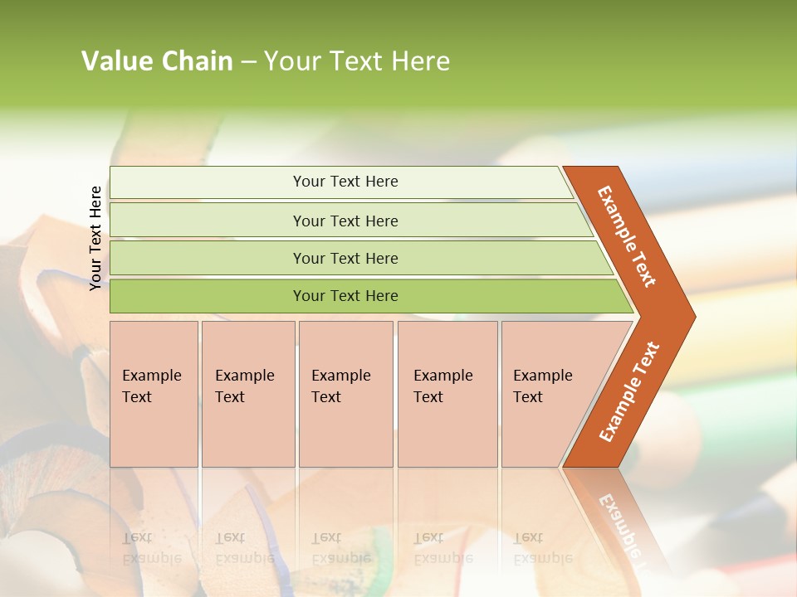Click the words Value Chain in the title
pyautogui.click(x=157, y=61)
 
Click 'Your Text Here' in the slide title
pyautogui.click(x=357, y=61)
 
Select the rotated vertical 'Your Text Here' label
pyautogui.click(x=95, y=238)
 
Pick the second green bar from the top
pyautogui.click(x=345, y=221)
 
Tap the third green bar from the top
pyautogui.click(x=345, y=258)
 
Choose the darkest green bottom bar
pyautogui.click(x=345, y=296)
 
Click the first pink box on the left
pyautogui.click(x=154, y=394)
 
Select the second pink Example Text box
pyautogui.click(x=247, y=394)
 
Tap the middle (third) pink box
pyautogui.click(x=345, y=394)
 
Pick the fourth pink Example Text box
pyautogui.click(x=447, y=394)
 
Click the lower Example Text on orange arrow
pyautogui.click(x=629, y=391)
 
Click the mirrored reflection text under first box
pyautogui.click(x=151, y=548)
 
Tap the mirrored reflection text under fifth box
pyautogui.click(x=542, y=548)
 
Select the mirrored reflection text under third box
pyautogui.click(x=340, y=548)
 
